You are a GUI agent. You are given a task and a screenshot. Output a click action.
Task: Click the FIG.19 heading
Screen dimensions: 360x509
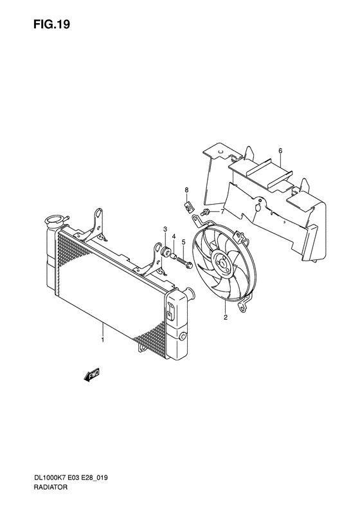click(51, 24)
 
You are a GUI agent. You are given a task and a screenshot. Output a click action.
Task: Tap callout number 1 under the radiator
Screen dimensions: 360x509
click(102, 340)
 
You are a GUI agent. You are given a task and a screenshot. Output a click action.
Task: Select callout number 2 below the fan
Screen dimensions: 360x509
click(226, 317)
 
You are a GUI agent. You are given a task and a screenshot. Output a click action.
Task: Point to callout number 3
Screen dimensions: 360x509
click(165, 230)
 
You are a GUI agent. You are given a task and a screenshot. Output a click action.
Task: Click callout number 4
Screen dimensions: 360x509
click(174, 236)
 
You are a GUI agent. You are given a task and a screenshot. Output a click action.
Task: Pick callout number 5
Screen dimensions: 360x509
click(183, 241)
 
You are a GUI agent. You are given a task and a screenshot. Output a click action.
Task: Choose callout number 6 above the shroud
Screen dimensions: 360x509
click(280, 151)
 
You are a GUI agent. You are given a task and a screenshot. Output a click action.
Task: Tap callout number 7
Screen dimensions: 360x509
click(222, 212)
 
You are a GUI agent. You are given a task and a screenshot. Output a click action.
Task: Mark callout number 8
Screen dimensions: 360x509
click(186, 190)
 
